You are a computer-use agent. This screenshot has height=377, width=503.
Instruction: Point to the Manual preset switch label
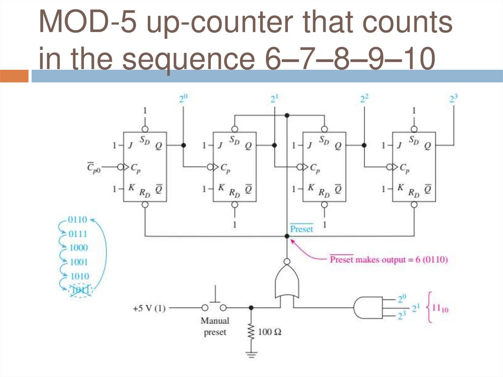[215, 326]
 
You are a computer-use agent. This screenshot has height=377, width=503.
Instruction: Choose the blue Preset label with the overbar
[301, 229]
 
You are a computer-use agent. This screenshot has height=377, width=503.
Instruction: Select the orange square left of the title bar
[14, 76]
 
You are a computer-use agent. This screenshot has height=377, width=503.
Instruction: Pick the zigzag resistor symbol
[251, 332]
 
